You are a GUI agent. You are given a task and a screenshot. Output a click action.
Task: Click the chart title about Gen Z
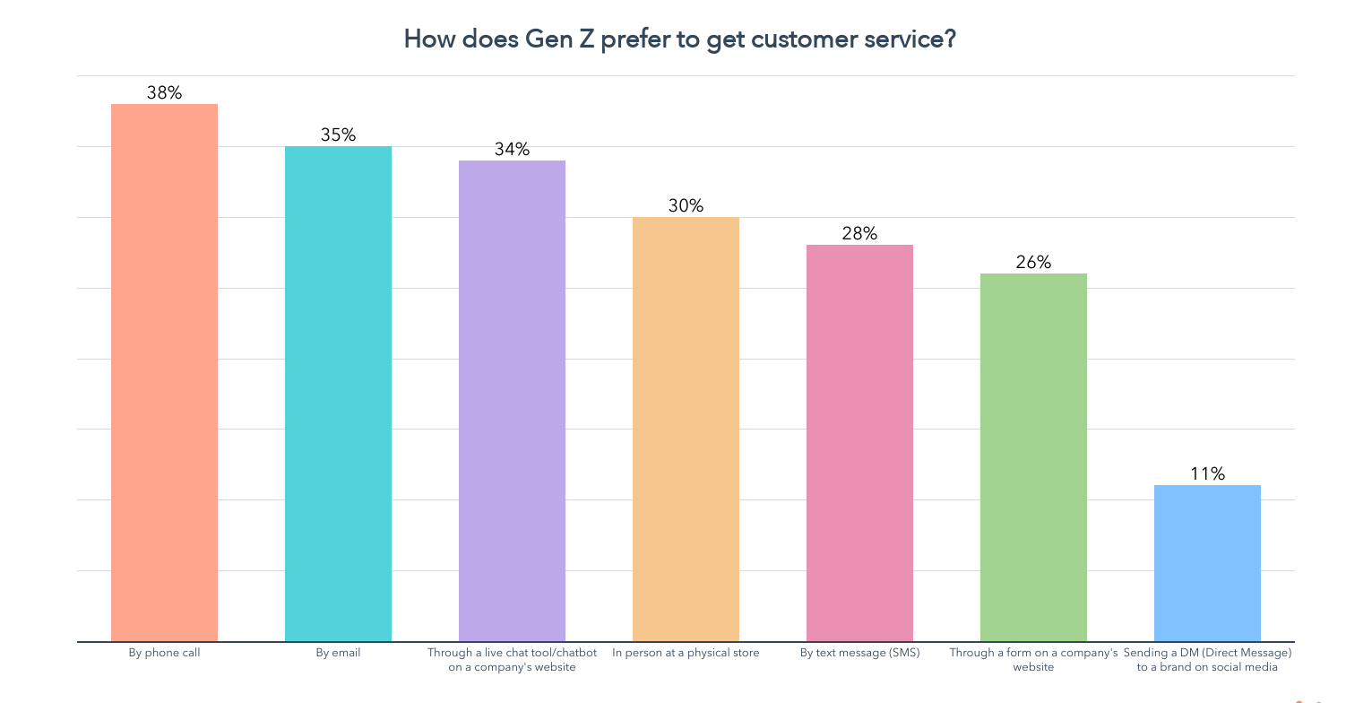tap(679, 39)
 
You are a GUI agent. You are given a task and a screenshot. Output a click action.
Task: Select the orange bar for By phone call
tap(164, 372)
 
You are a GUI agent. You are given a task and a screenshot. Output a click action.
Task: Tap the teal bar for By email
tap(338, 394)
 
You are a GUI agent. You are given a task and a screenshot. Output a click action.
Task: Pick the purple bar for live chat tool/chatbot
tap(512, 401)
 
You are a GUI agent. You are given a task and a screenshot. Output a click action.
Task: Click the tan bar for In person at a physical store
tap(686, 429)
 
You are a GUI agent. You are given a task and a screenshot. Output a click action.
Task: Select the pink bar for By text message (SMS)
tap(859, 443)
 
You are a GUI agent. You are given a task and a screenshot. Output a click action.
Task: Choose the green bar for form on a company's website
tap(1033, 457)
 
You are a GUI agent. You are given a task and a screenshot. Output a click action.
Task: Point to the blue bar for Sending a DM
tap(1207, 563)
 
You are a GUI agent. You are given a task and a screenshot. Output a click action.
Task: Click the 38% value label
tap(164, 92)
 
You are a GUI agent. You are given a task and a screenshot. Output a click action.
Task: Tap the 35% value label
tap(338, 135)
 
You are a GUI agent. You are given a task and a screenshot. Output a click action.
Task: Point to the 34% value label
tap(512, 149)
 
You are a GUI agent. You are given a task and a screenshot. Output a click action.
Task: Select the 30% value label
tap(686, 205)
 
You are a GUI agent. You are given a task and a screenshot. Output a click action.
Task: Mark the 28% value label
tap(859, 233)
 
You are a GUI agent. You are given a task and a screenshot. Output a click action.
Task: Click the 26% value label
tap(1033, 262)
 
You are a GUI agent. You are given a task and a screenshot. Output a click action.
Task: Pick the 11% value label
tap(1207, 473)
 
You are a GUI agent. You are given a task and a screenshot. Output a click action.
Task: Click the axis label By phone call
tap(164, 653)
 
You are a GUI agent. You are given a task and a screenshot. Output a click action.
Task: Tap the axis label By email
tap(338, 653)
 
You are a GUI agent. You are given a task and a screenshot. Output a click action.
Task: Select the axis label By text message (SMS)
tap(859, 653)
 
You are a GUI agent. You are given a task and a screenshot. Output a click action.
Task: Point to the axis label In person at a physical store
tap(686, 653)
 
